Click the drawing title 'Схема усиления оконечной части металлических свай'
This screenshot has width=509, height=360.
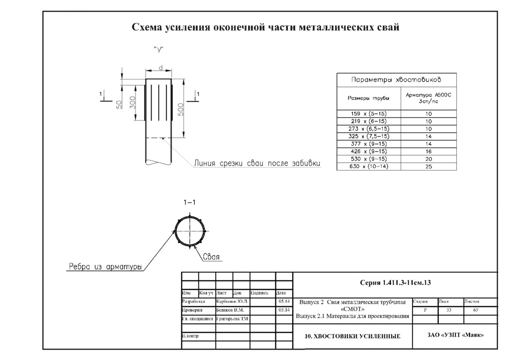click(265, 27)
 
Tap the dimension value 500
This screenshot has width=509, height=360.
click(181, 109)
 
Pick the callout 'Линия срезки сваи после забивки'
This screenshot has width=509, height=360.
click(257, 163)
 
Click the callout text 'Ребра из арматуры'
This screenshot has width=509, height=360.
click(104, 267)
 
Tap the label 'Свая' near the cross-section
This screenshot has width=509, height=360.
click(212, 257)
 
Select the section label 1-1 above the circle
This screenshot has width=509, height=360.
click(190, 203)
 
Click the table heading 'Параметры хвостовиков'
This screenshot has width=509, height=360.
click(397, 80)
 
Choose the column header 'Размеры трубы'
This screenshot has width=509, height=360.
click(368, 98)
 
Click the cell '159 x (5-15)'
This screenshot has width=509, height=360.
click(369, 114)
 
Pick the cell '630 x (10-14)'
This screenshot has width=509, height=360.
click(369, 166)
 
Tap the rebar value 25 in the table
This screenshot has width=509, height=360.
click(428, 166)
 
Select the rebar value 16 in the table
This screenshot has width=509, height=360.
click(428, 151)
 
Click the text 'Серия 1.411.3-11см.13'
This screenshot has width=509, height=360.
click(395, 282)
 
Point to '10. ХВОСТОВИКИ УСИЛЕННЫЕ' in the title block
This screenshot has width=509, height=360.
click(352, 337)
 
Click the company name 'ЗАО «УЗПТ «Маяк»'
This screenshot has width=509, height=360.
click(455, 335)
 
